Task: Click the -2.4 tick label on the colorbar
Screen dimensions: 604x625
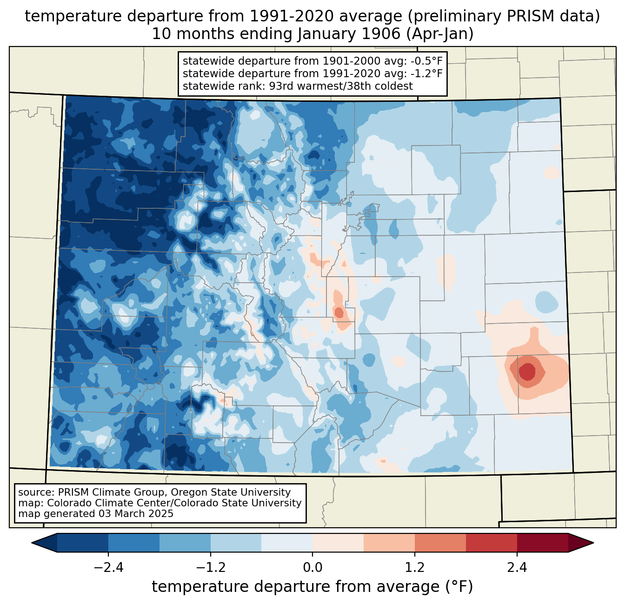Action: (108, 568)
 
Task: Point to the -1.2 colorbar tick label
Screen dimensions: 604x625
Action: (210, 568)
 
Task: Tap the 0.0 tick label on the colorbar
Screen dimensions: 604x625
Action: (312, 568)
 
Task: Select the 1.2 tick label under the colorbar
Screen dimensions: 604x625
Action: (414, 568)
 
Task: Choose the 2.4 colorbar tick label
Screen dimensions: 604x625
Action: (517, 568)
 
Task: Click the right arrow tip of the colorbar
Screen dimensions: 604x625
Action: (592, 543)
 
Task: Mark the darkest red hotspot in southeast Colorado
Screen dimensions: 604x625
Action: (527, 372)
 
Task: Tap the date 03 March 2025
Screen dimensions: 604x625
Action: (136, 514)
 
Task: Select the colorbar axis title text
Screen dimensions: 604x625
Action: (312, 587)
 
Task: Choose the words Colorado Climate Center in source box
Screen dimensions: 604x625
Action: (100, 503)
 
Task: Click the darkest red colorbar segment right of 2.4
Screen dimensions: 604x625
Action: (542, 543)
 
